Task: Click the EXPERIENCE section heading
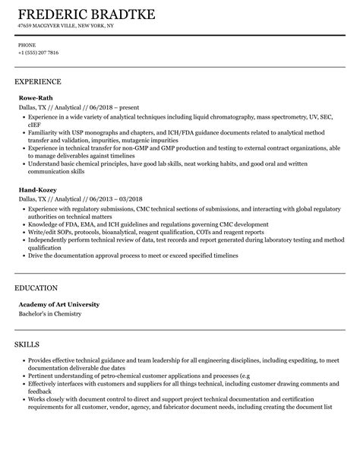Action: pyautogui.click(x=37, y=81)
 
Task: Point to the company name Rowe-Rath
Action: pyautogui.click(x=34, y=97)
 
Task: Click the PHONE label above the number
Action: pyautogui.click(x=27, y=45)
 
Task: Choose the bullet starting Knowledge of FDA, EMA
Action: pyautogui.click(x=147, y=225)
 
